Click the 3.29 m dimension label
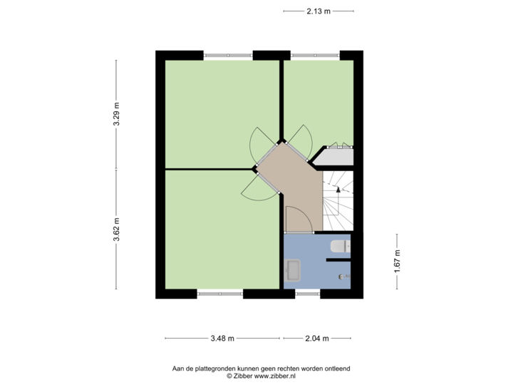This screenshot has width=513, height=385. [116, 114]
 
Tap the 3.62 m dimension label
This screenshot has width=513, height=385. [116, 230]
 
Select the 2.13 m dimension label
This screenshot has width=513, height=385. [318, 11]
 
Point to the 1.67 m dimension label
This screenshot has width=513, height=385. [397, 260]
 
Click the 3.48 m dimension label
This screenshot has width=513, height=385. [223, 338]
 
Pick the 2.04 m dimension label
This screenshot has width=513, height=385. [317, 338]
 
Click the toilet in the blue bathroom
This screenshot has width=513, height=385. [340, 247]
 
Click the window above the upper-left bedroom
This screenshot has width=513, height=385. [228, 54]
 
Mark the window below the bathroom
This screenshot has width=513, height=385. [308, 293]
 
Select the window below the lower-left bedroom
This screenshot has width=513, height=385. [220, 293]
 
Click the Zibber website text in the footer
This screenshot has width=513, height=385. [261, 375]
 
